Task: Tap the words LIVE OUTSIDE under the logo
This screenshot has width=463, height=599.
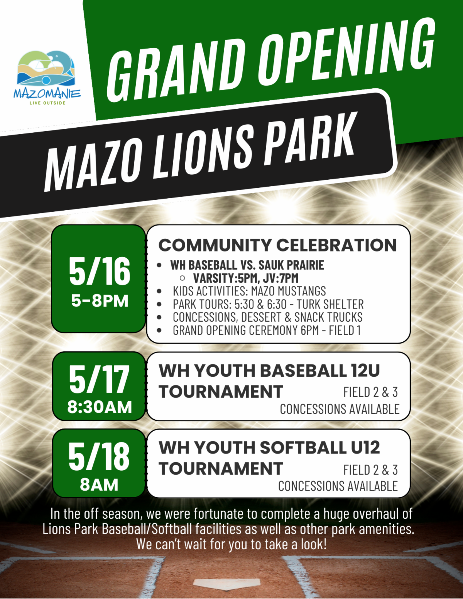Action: [x=47, y=103]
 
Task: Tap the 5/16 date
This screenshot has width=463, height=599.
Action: [x=100, y=271]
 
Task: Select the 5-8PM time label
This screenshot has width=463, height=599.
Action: [x=100, y=300]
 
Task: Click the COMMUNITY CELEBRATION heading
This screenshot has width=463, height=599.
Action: [x=277, y=245]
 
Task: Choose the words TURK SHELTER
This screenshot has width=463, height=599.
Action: [x=330, y=304]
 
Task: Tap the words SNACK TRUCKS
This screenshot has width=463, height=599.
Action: [x=328, y=317]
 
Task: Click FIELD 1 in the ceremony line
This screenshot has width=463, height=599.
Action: [x=345, y=330]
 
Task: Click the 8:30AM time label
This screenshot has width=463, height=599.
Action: [x=100, y=407]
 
